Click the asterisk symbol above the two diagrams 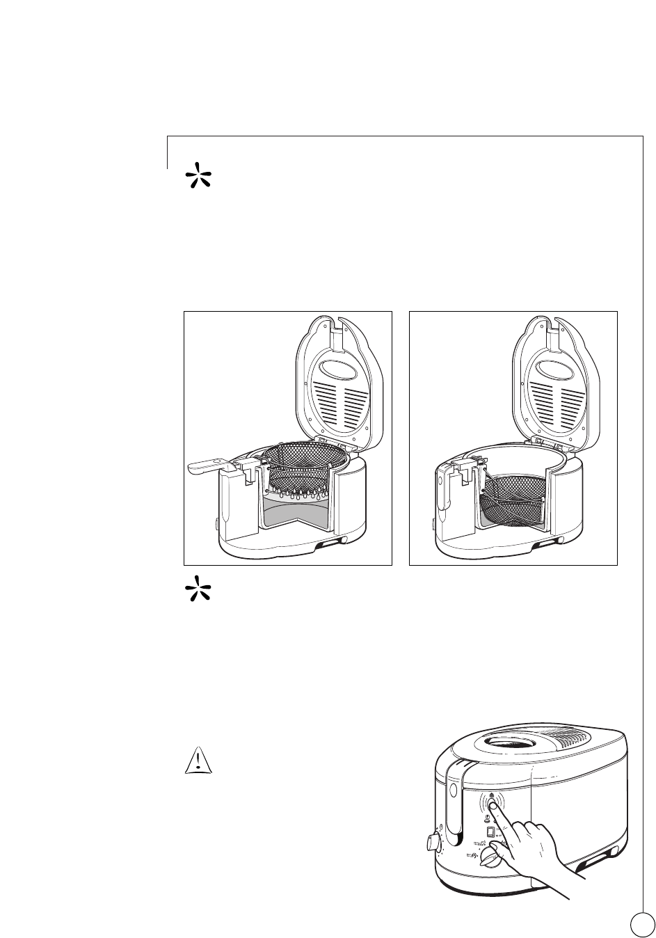click(x=198, y=177)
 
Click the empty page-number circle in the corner click(x=642, y=923)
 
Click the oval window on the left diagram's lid click(x=338, y=367)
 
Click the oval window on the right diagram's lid click(x=563, y=367)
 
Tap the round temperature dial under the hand click(x=493, y=860)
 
